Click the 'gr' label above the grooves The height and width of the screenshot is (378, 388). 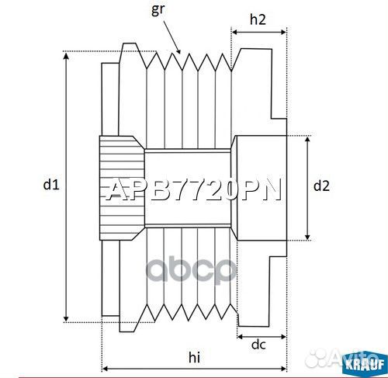158,10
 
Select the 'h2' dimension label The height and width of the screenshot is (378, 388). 259,22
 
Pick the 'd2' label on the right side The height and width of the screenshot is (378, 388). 321,186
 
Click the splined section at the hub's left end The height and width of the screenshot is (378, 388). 121,186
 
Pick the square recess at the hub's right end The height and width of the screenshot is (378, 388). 261,186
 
